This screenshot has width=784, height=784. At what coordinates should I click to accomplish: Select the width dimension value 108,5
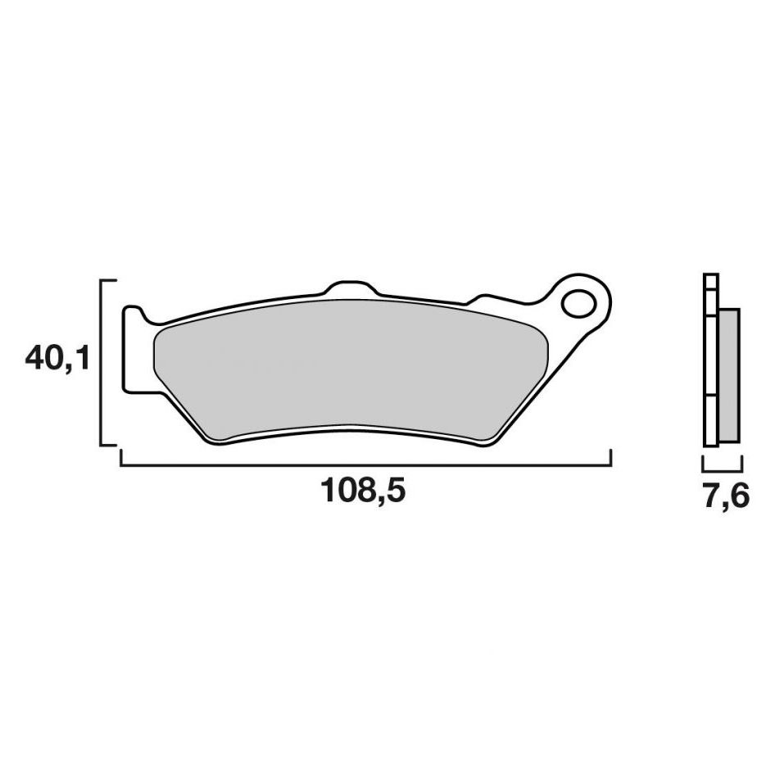click(x=364, y=492)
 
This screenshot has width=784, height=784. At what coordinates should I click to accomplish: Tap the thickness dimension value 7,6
click(x=724, y=497)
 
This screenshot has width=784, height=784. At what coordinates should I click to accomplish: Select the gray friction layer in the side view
click(x=729, y=375)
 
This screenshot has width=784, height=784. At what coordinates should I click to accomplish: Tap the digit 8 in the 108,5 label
click(x=361, y=492)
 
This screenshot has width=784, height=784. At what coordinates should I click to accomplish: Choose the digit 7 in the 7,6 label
click(x=709, y=497)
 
